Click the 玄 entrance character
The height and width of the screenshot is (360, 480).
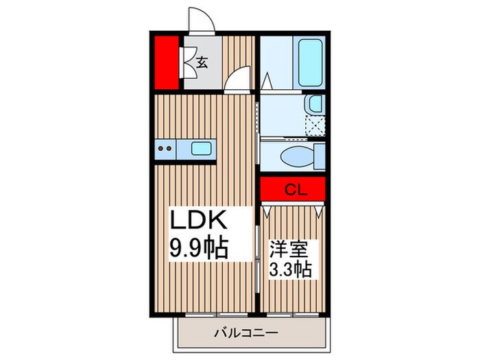[x=202, y=62]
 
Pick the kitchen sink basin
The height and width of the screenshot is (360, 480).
[x=202, y=148]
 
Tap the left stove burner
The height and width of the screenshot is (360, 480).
[x=160, y=147]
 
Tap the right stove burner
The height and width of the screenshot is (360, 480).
[x=169, y=147]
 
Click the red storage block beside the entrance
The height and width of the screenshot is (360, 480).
[x=165, y=62]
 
